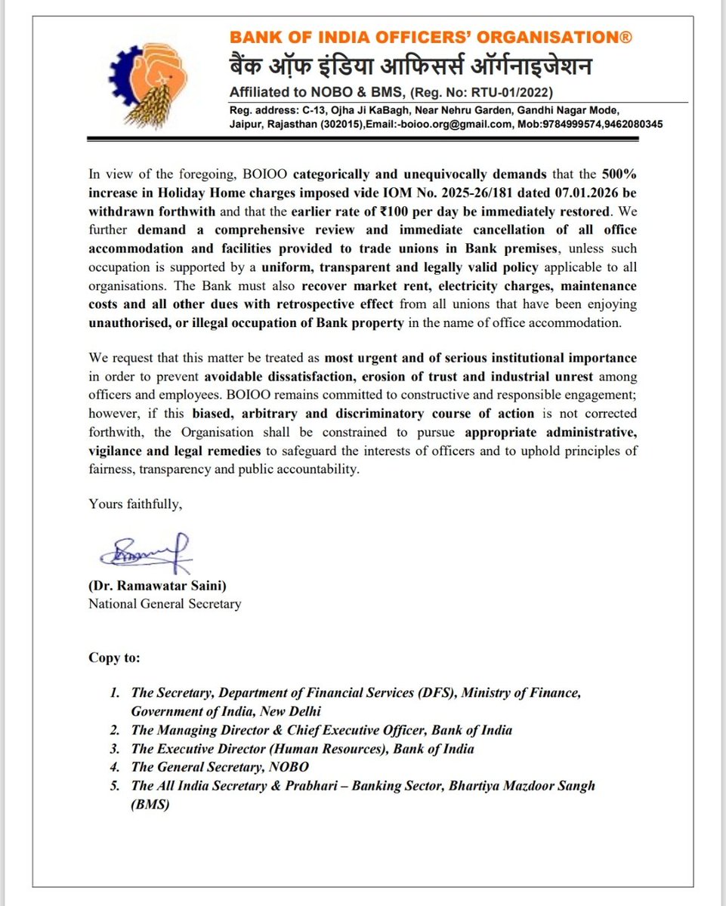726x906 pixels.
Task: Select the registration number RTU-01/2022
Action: pyautogui.click(x=513, y=93)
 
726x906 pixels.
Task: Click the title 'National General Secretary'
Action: pyautogui.click(x=165, y=604)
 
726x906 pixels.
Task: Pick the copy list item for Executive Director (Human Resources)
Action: pyautogui.click(x=302, y=749)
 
